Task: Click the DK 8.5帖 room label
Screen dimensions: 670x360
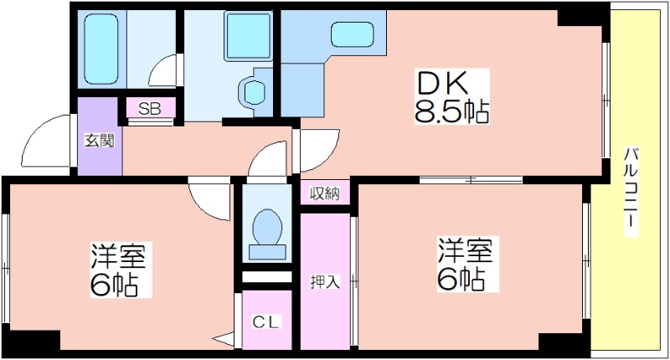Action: [x=452, y=96]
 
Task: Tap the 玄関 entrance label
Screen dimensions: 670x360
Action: [x=99, y=140]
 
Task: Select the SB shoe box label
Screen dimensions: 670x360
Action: [x=150, y=109]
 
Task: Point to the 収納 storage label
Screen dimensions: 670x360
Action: [x=325, y=194]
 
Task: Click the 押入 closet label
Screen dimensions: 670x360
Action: [x=325, y=281]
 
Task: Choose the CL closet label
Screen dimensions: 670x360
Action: [x=265, y=321]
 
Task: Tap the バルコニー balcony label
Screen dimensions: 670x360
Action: [x=631, y=192]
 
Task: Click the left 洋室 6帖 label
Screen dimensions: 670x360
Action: [x=118, y=270]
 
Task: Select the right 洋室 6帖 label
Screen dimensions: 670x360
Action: [x=465, y=265]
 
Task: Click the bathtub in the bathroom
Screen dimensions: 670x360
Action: [x=100, y=49]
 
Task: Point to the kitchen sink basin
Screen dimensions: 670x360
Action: [x=352, y=34]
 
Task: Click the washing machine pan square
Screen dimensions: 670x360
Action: [x=249, y=36]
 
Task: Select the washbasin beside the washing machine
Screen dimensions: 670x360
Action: [x=252, y=90]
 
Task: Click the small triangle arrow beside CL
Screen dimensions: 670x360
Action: [x=223, y=340]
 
